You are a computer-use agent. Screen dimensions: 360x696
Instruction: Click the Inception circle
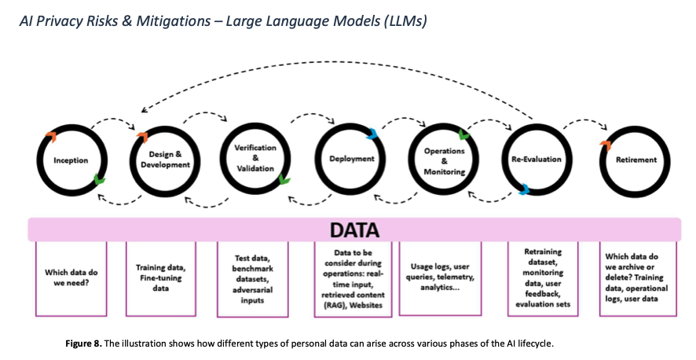click(71, 160)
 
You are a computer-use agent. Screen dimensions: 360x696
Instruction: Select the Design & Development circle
click(166, 160)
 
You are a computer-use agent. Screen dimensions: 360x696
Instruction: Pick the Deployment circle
click(350, 160)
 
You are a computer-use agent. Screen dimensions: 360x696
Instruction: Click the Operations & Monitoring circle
click(444, 160)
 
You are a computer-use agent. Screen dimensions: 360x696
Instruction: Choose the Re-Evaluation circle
click(536, 160)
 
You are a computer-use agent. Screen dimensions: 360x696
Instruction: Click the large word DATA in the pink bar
click(353, 230)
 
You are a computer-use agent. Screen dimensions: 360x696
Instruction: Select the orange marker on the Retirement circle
click(604, 145)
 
